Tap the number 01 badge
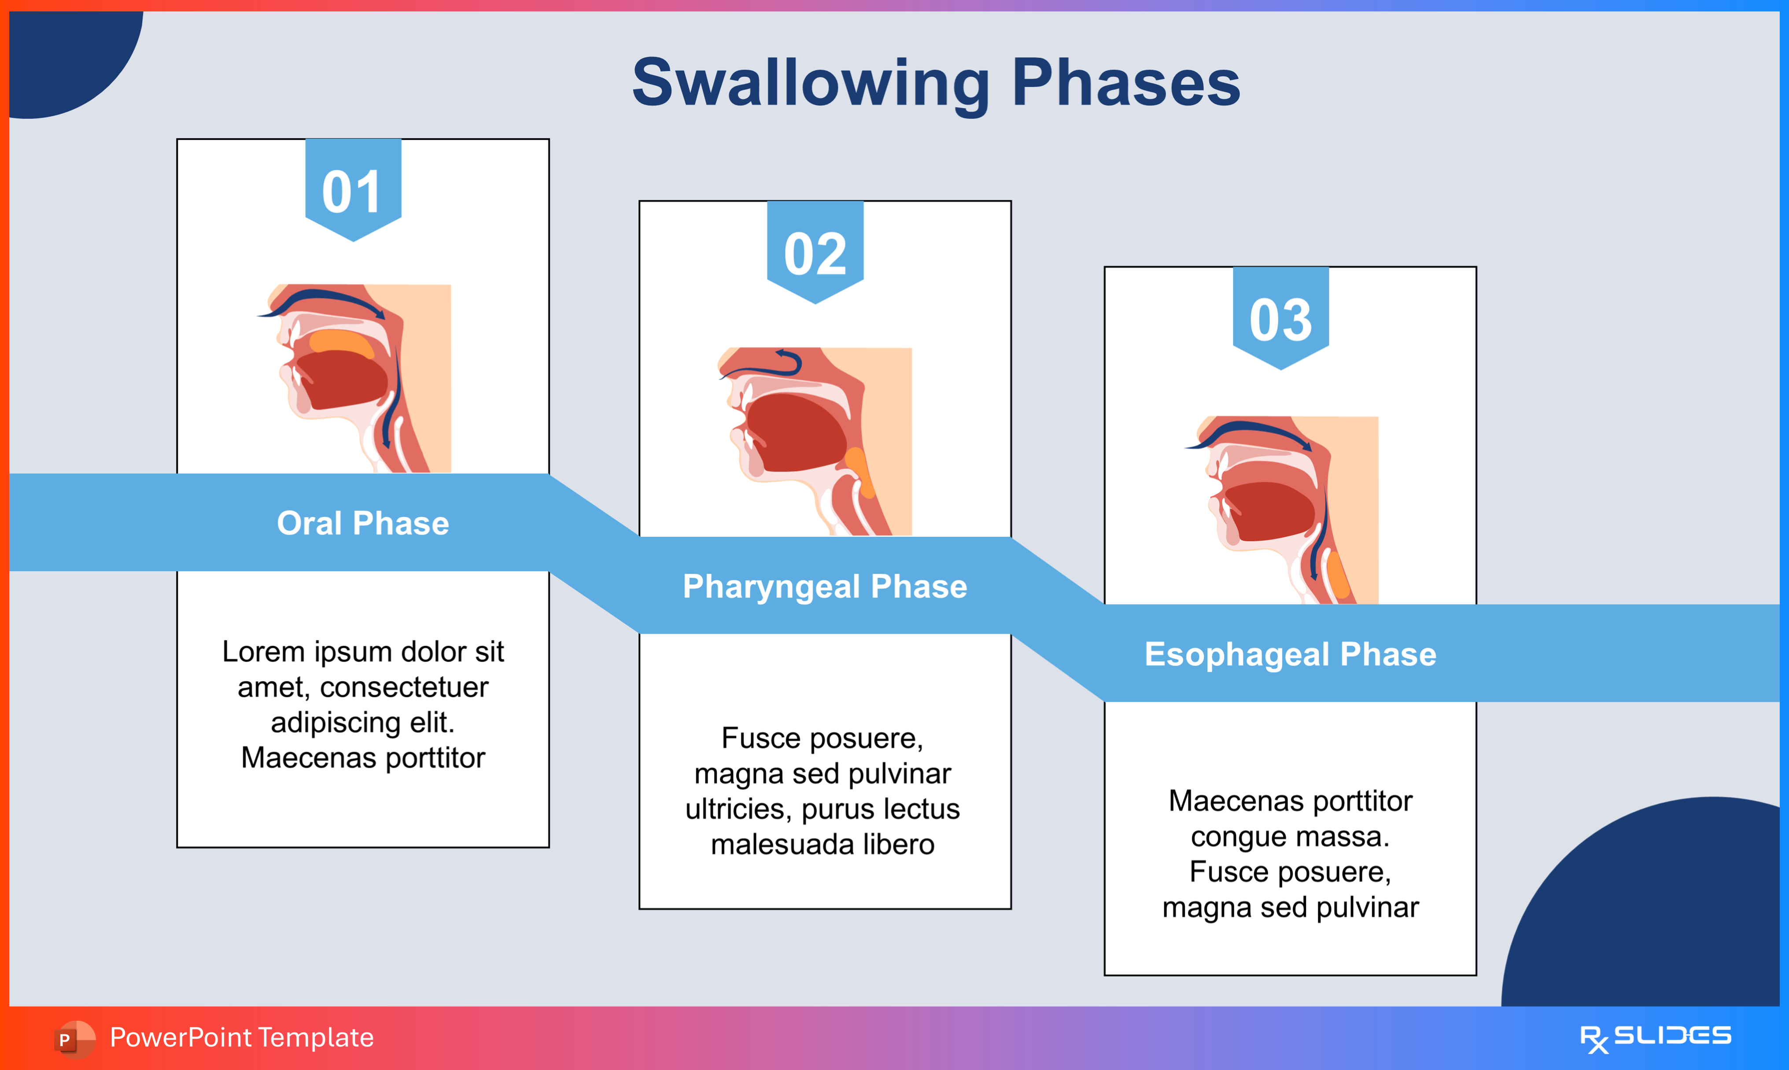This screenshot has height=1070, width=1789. pos(353,191)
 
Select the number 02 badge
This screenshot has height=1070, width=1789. pos(815,253)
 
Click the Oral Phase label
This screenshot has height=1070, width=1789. pos(363,523)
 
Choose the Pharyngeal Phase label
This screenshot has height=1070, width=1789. pos(825,586)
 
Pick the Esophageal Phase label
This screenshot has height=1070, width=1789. pos(1290,654)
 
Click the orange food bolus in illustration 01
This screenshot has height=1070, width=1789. pos(340,342)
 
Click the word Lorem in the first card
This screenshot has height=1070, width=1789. pos(263,652)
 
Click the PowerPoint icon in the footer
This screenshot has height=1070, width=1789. pos(74,1038)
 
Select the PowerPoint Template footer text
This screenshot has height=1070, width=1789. pos(242,1037)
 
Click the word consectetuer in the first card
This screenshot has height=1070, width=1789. pos(404,687)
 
